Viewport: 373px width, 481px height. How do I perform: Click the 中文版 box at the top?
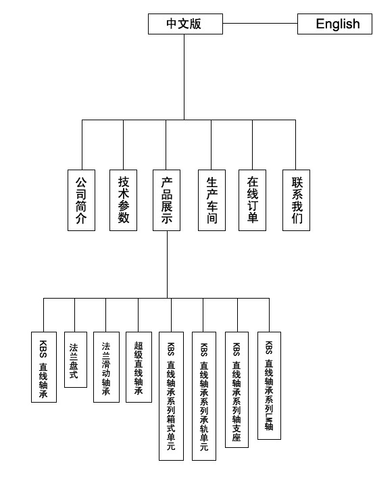tap(185, 24)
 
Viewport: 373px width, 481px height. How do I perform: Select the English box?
tap(334, 24)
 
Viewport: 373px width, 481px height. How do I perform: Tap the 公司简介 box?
tap(81, 201)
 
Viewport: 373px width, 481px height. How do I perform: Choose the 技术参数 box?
tap(123, 201)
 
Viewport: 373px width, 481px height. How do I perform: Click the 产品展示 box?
tap(166, 201)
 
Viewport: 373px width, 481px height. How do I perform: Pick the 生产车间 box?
tap(212, 201)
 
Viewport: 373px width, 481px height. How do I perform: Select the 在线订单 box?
tap(253, 201)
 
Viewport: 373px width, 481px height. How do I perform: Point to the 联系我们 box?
tap(297, 201)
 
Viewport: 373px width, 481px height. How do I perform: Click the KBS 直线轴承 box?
tap(44, 368)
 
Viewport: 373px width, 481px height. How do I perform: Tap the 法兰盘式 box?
tap(76, 359)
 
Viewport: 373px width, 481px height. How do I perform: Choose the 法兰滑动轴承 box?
tap(106, 368)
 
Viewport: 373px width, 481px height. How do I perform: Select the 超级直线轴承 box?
tap(139, 368)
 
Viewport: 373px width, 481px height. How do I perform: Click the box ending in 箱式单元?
tap(171, 396)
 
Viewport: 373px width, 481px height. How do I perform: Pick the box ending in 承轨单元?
tap(204, 396)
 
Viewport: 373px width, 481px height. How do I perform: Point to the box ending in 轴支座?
tap(237, 390)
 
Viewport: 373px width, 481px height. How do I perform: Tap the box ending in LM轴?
tap(269, 386)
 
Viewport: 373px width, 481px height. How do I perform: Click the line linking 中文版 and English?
tap(260, 23)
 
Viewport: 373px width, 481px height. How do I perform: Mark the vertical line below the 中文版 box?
tap(184, 77)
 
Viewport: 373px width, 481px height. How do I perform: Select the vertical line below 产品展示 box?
tap(167, 264)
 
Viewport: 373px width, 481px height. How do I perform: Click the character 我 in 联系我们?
tap(297, 207)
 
